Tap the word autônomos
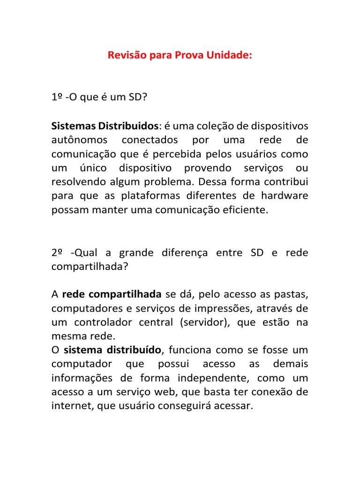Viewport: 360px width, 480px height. (x=79, y=140)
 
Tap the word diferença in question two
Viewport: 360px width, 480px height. (x=178, y=253)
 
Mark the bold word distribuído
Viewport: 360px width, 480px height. (x=136, y=350)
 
